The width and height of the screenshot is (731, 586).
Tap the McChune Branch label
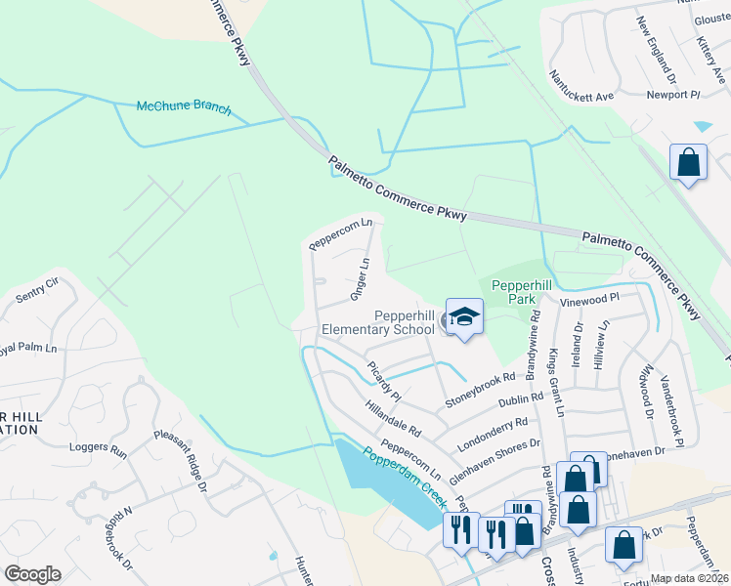184,107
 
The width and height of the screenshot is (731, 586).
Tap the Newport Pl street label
673,95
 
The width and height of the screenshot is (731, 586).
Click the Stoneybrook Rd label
480,390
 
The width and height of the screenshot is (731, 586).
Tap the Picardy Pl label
384,382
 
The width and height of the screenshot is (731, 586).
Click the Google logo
32,574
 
